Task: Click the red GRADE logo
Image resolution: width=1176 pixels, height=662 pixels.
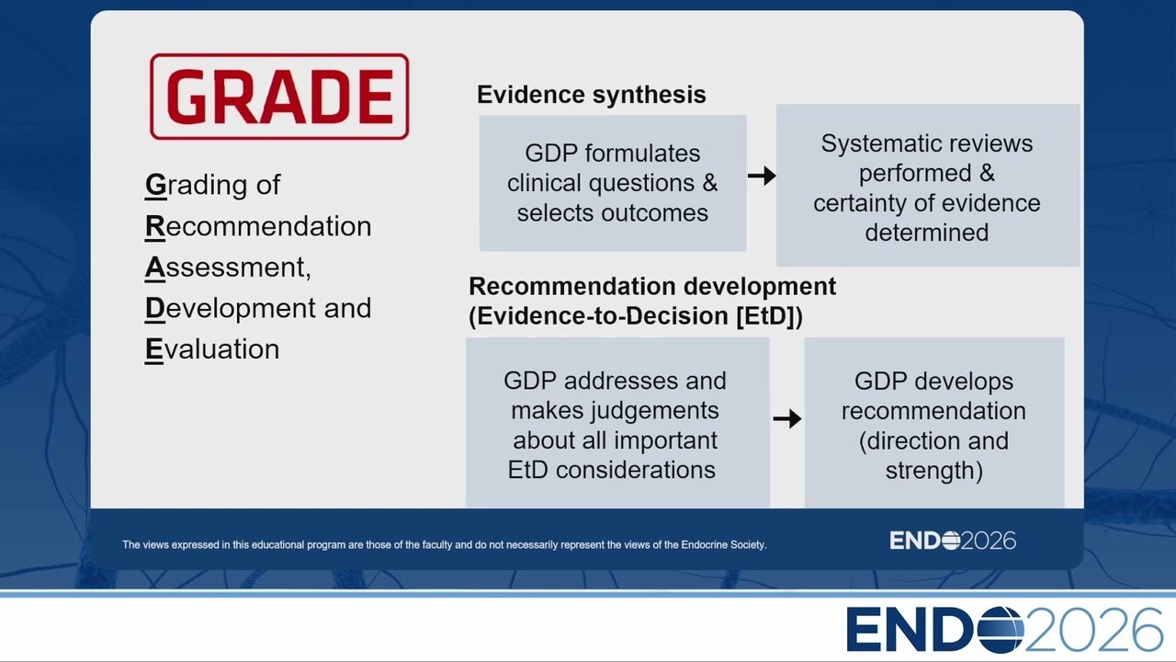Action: coord(279,97)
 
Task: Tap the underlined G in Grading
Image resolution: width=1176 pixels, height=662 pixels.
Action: coord(155,185)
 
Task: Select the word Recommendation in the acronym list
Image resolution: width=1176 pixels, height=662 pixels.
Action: coord(258,226)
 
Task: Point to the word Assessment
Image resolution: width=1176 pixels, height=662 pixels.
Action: coord(228,268)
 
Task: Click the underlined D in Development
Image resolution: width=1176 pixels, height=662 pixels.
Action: coord(155,308)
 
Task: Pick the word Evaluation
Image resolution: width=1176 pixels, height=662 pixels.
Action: coord(212,349)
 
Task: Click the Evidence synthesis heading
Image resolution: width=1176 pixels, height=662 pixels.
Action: coord(591,95)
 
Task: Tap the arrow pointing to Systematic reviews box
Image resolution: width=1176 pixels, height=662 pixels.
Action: coord(762,176)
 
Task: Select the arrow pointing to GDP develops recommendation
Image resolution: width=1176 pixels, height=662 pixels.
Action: coord(787,418)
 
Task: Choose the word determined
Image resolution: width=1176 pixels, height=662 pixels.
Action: coord(927,233)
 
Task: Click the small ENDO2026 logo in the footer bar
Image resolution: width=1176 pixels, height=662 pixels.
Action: coord(953,541)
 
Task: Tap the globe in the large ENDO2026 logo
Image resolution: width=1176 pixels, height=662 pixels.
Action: coord(1001,630)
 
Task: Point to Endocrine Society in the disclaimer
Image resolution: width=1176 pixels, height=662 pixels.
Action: coord(723,545)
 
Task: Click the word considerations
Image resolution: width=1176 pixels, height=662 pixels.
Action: coord(635,470)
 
